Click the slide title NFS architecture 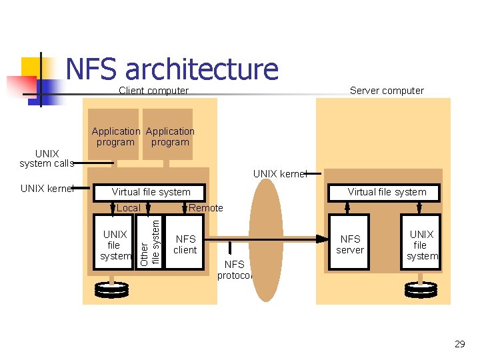pyautogui.click(x=172, y=69)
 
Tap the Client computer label pyautogui.click(x=153, y=91)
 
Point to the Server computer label pyautogui.click(x=387, y=91)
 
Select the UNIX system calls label pyautogui.click(x=47, y=159)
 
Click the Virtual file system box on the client pyautogui.click(x=151, y=192)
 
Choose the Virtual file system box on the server pyautogui.click(x=387, y=192)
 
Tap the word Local pyautogui.click(x=128, y=208)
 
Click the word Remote pyautogui.click(x=206, y=208)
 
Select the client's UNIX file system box pyautogui.click(x=115, y=245)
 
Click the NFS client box pyautogui.click(x=185, y=245)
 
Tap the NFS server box pyautogui.click(x=350, y=245)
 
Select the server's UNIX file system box pyautogui.click(x=421, y=245)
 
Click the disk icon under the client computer pyautogui.click(x=111, y=289)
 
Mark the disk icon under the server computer pyautogui.click(x=421, y=289)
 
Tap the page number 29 pyautogui.click(x=459, y=344)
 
